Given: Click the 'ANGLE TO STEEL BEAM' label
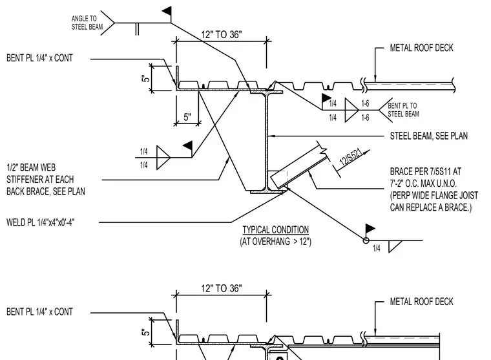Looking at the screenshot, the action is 87,23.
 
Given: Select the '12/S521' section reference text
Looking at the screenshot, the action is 351,157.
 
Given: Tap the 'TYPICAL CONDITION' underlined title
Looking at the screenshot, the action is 276,229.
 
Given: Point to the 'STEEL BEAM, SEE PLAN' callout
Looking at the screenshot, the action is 429,136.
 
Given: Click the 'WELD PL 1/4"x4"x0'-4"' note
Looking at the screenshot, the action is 41,222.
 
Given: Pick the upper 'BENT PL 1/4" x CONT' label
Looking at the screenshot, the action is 39,58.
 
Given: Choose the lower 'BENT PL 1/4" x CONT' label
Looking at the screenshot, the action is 39,312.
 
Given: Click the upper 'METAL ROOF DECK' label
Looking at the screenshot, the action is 421,48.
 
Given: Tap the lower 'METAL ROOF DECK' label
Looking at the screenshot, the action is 421,301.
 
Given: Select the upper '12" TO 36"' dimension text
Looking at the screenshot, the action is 222,34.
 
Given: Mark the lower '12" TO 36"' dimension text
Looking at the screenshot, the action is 222,288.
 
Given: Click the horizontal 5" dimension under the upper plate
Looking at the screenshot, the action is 187,117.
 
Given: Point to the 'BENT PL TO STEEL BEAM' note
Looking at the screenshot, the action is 403,110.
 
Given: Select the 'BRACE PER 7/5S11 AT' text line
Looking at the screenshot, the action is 426,171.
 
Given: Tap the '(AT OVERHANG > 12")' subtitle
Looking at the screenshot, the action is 276,242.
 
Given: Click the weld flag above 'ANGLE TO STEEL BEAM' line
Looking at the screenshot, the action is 167,11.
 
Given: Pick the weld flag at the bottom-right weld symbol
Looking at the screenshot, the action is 370,228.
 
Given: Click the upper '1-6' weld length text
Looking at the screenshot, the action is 365,103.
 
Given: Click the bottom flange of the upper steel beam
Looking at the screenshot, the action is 269,191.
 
